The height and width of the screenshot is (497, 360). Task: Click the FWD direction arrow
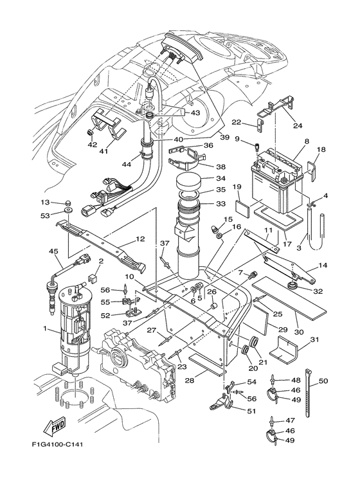coord(55,426)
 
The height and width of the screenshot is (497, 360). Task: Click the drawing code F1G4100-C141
coord(58,444)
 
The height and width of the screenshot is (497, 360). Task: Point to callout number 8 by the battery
coord(307,141)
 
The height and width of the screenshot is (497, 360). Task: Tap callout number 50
coord(323,381)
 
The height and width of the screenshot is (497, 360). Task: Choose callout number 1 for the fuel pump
coord(45,329)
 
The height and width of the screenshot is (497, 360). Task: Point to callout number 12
coord(140,239)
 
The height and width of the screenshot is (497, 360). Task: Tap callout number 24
coord(297,125)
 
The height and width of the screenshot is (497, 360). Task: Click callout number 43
coord(195,113)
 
